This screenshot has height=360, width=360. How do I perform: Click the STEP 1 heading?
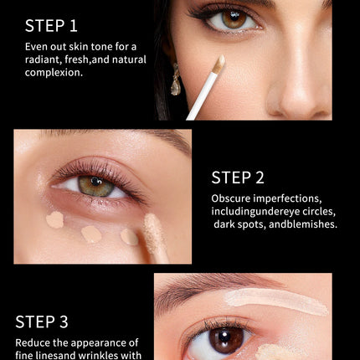tap(51, 26)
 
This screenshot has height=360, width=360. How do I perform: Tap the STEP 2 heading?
tap(238, 177)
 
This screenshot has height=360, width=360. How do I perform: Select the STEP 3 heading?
tap(42, 321)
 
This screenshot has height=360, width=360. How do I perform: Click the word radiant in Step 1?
tap(43, 59)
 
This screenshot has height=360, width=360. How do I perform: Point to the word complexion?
tap(54, 73)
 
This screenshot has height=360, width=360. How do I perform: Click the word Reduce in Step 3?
tap(33, 342)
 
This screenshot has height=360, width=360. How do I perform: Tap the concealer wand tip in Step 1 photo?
tap(219, 63)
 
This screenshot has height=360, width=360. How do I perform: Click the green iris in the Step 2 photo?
tap(96, 186)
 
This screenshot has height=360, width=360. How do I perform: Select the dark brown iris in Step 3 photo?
tap(226, 340)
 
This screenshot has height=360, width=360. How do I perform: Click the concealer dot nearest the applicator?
tap(129, 237)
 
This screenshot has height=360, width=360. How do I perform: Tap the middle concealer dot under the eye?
tap(91, 234)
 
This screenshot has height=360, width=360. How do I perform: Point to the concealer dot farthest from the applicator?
tap(55, 219)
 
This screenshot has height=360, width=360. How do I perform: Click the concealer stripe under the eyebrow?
tap(276, 301)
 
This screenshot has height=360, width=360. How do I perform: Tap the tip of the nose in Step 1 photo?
tap(296, 102)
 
